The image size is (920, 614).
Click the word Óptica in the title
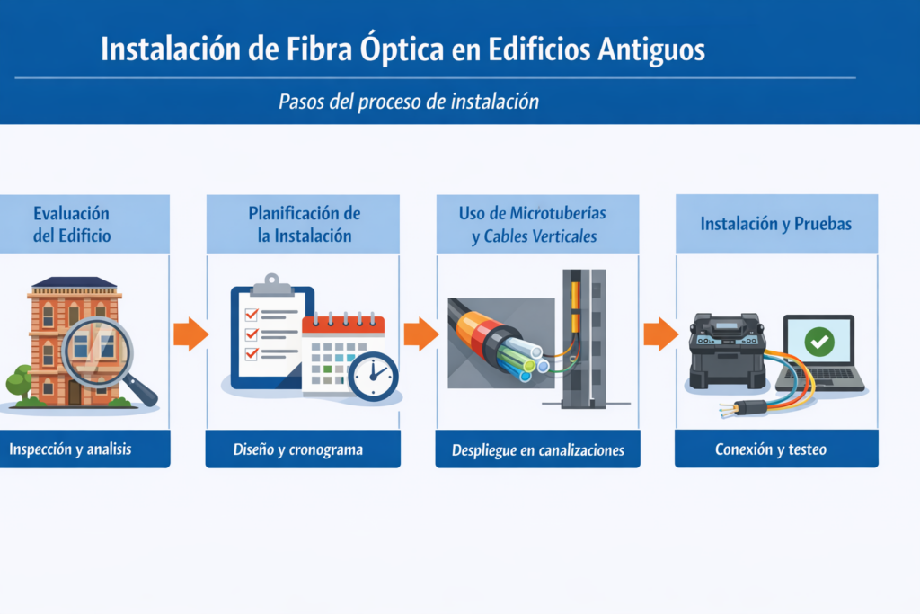[x=402, y=49]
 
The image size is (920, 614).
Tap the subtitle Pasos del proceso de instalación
[x=409, y=102]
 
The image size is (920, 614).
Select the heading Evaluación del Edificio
[x=72, y=224]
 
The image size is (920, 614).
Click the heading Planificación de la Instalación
[x=305, y=224]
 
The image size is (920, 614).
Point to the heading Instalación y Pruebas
[x=775, y=224]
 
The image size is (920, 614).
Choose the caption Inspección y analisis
[x=70, y=449]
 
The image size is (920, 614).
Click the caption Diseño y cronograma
[x=298, y=449]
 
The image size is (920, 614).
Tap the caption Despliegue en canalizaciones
[x=538, y=450]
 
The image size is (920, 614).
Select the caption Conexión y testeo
[x=770, y=449]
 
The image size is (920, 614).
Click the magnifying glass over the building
[x=102, y=355]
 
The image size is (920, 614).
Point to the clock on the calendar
[x=373, y=377]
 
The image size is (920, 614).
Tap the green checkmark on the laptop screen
[x=819, y=342]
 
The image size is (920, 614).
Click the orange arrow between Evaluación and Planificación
[x=190, y=334]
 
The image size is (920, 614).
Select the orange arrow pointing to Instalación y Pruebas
[x=660, y=334]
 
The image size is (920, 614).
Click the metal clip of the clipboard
[x=271, y=285]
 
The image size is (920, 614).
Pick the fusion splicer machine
[x=728, y=351]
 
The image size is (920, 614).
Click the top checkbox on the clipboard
[x=252, y=314]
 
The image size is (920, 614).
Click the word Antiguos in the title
[x=651, y=49]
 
